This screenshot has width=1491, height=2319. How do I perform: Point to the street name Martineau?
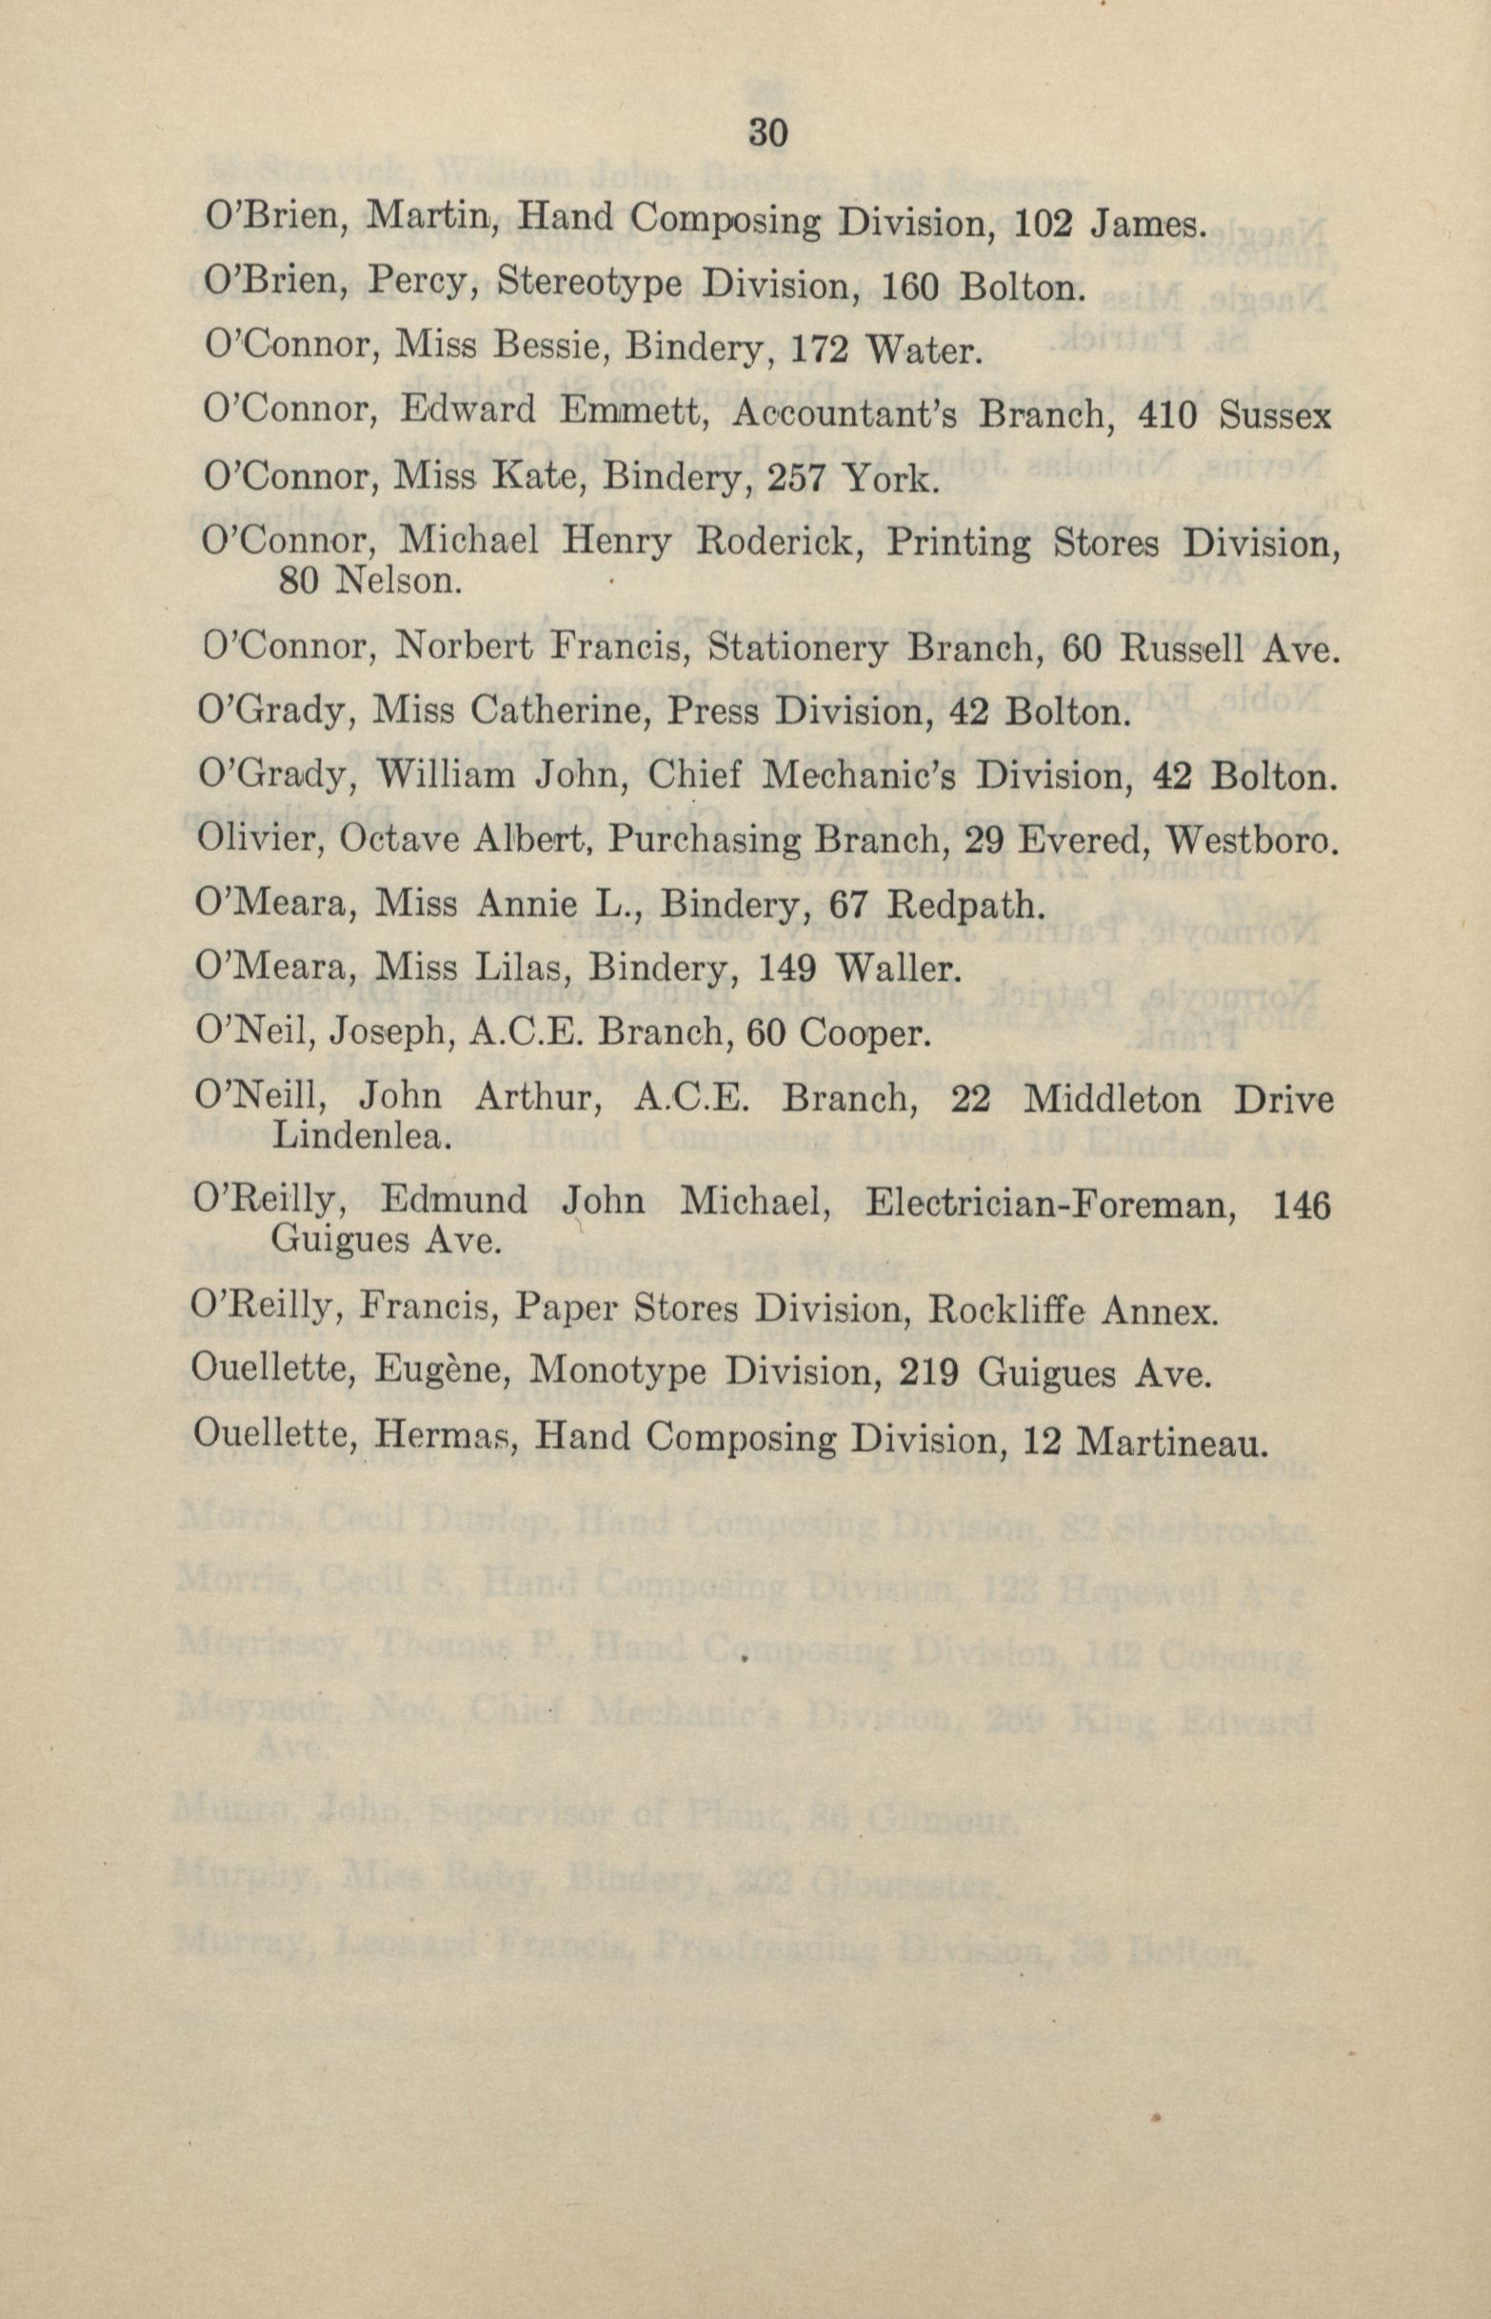(1170, 1440)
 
